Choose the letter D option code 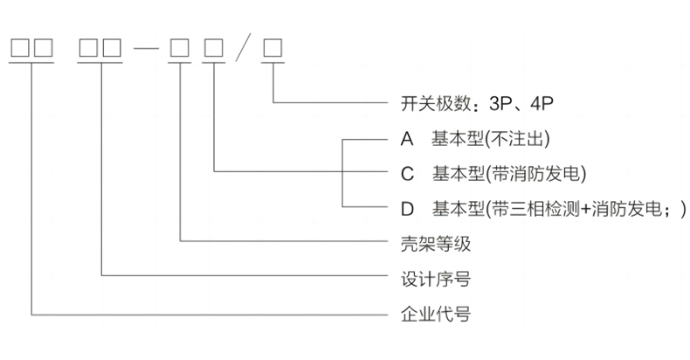pyautogui.click(x=406, y=207)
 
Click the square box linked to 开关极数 pyautogui.click(x=273, y=45)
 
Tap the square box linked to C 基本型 pyautogui.click(x=213, y=45)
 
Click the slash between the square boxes pyautogui.click(x=244, y=45)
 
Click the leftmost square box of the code pyautogui.click(x=19, y=45)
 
